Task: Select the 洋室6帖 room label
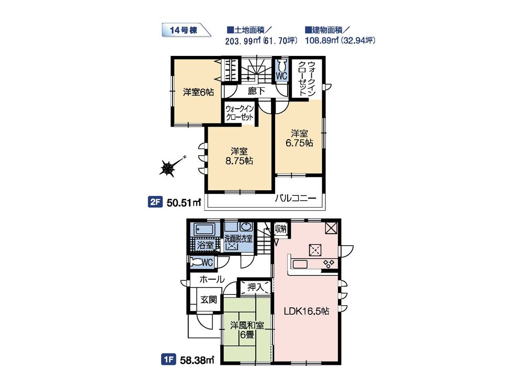[198, 92]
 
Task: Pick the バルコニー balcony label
[295, 199]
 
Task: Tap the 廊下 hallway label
[256, 91]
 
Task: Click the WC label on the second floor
[281, 76]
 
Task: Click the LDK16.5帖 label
[306, 311]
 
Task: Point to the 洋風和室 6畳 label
[247, 330]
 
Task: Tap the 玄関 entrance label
[209, 299]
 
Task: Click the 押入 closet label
[256, 287]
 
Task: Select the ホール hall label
[212, 279]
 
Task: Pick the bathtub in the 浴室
[204, 230]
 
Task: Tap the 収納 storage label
[280, 228]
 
